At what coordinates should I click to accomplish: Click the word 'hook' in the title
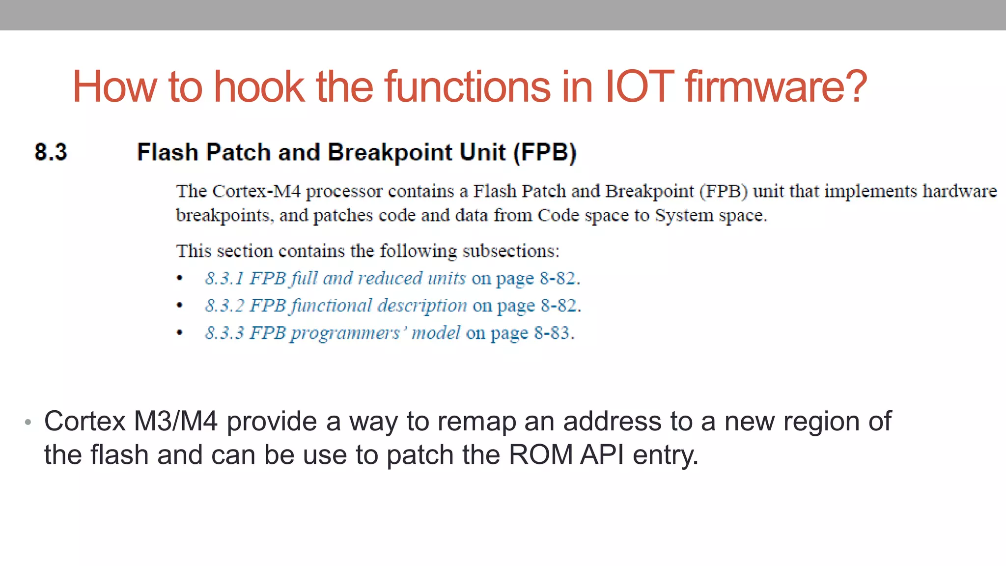(x=259, y=86)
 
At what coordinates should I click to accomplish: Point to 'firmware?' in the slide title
(x=776, y=86)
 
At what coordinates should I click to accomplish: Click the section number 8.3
(x=51, y=152)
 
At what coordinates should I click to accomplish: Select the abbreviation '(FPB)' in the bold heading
(x=545, y=152)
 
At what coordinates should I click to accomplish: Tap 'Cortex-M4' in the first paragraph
(x=256, y=191)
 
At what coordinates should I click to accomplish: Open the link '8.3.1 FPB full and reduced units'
(x=335, y=278)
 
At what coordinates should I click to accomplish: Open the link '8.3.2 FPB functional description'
(x=336, y=306)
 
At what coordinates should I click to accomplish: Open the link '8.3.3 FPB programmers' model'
(x=333, y=333)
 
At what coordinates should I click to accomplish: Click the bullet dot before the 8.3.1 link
(x=180, y=279)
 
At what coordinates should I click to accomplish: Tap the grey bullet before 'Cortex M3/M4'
(x=28, y=422)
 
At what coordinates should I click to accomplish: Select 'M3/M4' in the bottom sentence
(x=175, y=422)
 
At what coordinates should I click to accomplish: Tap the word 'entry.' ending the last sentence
(x=665, y=454)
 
